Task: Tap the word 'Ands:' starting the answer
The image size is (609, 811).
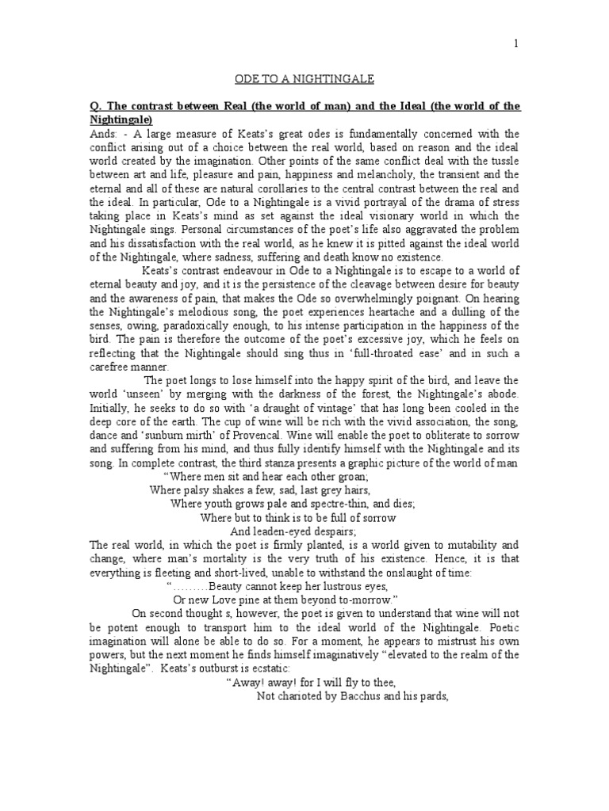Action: click(104, 133)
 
